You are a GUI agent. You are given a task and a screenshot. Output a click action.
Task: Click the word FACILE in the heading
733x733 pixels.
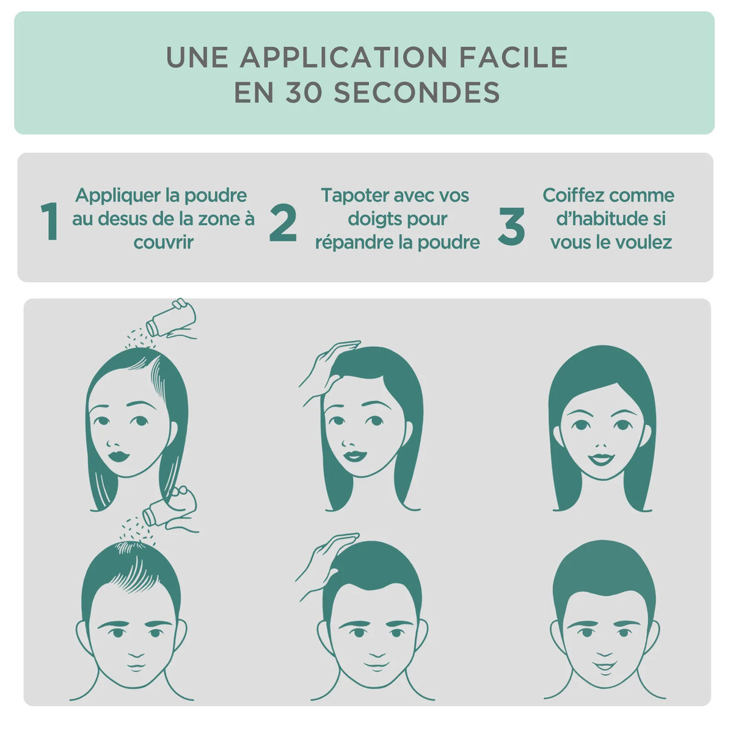click(514, 57)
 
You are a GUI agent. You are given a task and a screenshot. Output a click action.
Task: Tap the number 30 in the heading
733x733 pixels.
click(303, 92)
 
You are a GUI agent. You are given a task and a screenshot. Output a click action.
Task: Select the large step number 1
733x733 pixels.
click(50, 221)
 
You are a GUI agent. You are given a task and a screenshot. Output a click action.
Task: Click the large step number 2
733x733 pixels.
click(283, 222)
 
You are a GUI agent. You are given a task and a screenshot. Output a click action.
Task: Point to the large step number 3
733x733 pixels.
click(511, 226)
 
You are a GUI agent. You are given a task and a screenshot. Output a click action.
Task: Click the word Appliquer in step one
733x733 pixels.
click(119, 196)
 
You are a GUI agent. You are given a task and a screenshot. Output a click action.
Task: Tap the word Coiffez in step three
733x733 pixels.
click(573, 195)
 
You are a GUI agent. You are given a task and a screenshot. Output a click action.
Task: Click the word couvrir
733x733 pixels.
click(164, 242)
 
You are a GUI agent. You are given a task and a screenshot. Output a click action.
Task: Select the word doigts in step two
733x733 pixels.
click(371, 219)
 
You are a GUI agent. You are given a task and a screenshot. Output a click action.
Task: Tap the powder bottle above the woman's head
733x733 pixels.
click(172, 319)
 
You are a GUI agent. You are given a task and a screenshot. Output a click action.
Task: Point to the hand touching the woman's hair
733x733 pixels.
click(329, 367)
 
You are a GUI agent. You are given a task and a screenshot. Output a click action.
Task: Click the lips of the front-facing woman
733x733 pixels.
click(602, 458)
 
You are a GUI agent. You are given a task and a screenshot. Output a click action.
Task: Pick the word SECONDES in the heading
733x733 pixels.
click(417, 92)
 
